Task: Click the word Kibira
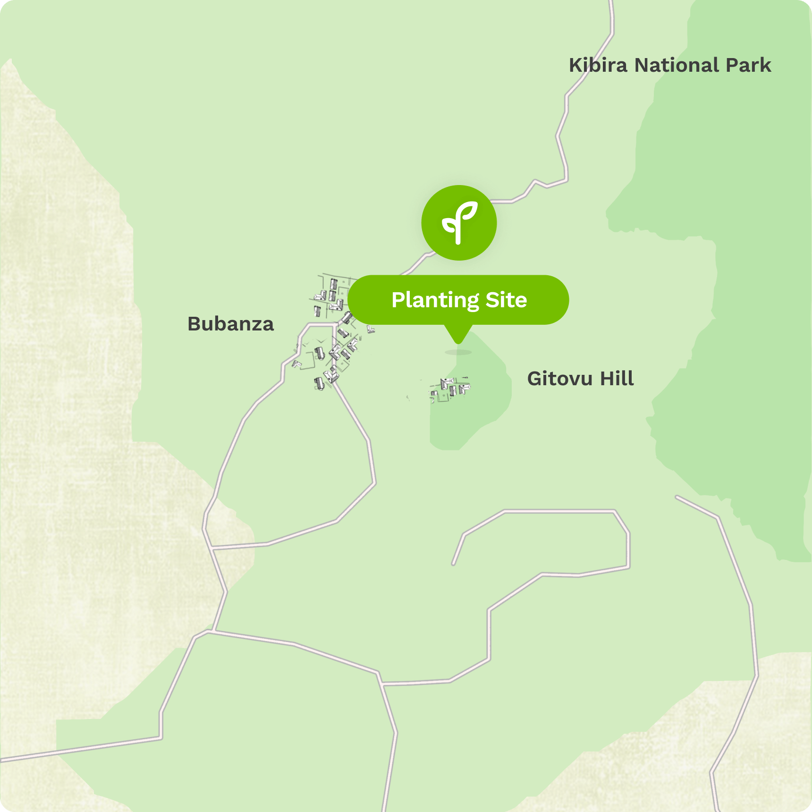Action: (598, 65)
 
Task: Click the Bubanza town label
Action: (230, 324)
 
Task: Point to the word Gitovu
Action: (559, 379)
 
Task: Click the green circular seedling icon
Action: (459, 223)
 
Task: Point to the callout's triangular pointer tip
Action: (458, 342)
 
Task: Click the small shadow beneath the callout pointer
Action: (458, 352)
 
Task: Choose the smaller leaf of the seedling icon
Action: (449, 223)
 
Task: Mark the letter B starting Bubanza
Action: (195, 324)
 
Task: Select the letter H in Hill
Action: (607, 379)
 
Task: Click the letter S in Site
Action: (492, 300)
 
